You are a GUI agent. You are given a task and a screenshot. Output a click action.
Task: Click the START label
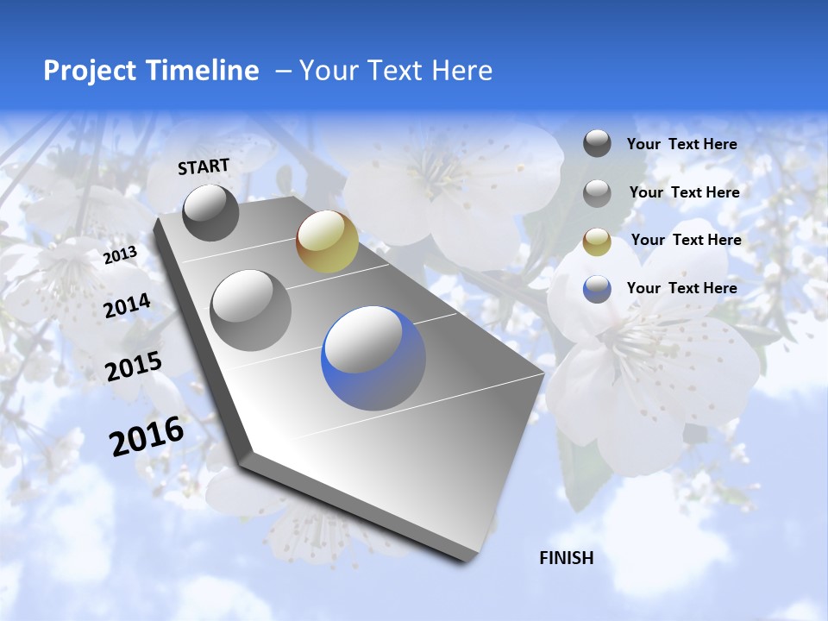pyautogui.click(x=204, y=166)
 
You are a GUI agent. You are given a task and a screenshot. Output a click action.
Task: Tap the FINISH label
pyautogui.click(x=567, y=558)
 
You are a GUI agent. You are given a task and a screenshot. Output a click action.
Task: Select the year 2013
pyautogui.click(x=120, y=255)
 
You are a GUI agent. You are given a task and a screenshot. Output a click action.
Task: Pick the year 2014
pyautogui.click(x=127, y=306)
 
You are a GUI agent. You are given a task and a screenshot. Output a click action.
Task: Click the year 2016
pyautogui.click(x=147, y=436)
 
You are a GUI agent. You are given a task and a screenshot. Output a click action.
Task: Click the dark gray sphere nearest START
pyautogui.click(x=211, y=212)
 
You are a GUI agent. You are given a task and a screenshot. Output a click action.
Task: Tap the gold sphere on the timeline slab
pyautogui.click(x=327, y=241)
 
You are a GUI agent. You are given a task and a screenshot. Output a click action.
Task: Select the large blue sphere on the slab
pyautogui.click(x=373, y=358)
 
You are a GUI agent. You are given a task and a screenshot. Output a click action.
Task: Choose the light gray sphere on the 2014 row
pyautogui.click(x=251, y=310)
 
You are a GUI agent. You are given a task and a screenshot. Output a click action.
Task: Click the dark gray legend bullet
pyautogui.click(x=597, y=143)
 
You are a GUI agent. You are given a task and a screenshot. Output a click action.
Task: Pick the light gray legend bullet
pyautogui.click(x=597, y=193)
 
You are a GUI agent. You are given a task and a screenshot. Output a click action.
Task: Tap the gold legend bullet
pyautogui.click(x=597, y=241)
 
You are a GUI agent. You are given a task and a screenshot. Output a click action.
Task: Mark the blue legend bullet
pyautogui.click(x=597, y=289)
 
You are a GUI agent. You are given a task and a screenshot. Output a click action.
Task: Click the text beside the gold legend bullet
pyautogui.click(x=686, y=240)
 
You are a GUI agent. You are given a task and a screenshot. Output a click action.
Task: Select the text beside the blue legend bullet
pyautogui.click(x=681, y=288)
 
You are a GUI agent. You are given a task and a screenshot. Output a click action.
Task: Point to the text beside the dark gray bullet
pyautogui.click(x=681, y=144)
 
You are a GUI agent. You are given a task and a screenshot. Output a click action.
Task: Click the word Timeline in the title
pyautogui.click(x=206, y=71)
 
